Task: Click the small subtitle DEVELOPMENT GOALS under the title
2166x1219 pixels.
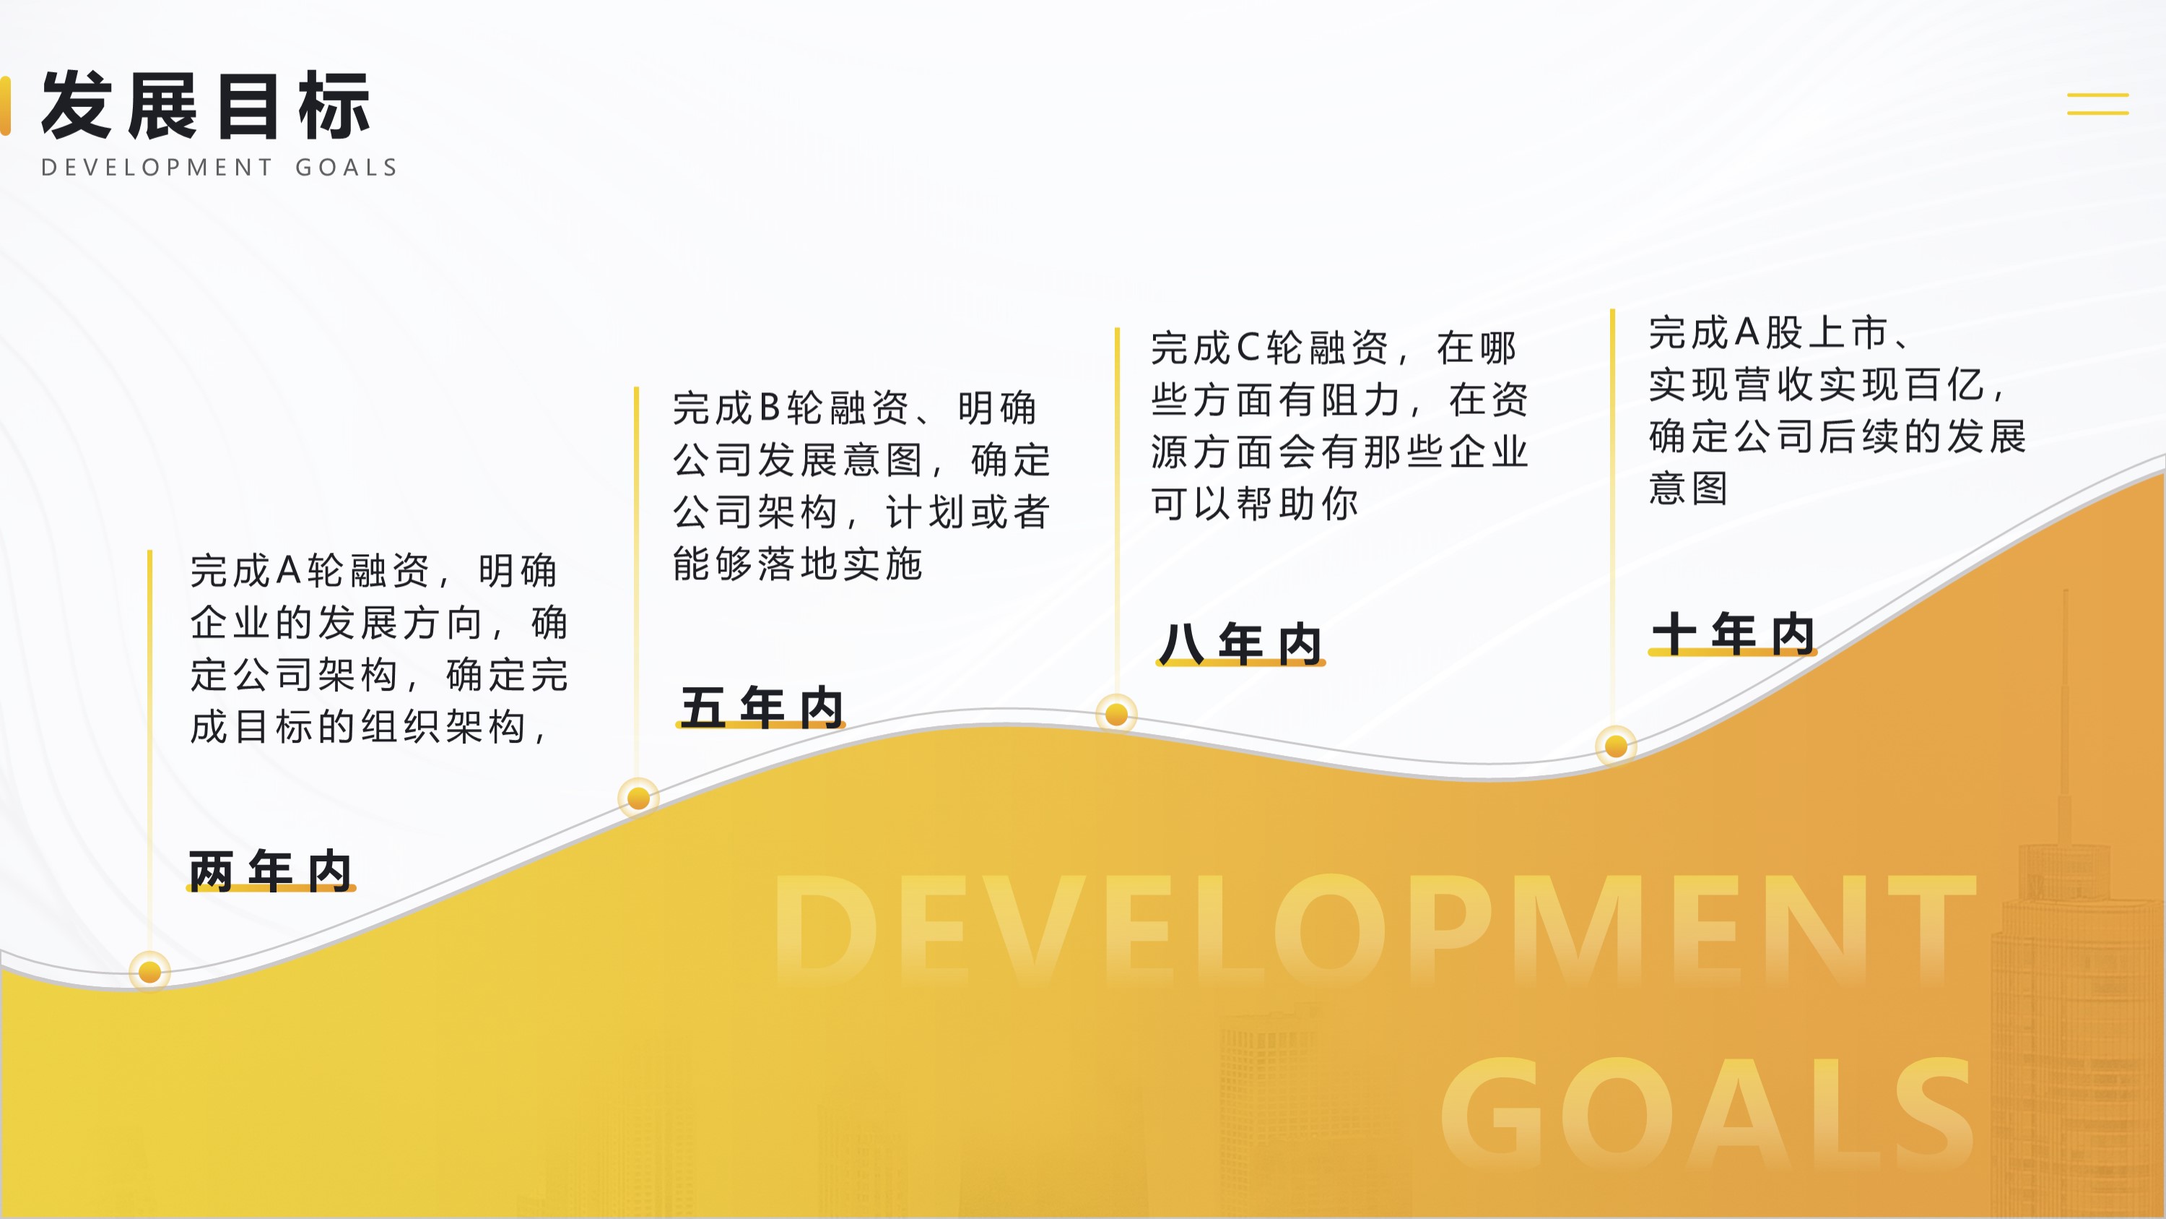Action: (219, 168)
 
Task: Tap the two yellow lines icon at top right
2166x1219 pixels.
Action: (2098, 103)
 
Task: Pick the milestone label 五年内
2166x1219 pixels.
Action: (761, 707)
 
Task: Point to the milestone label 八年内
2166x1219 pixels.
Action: (1240, 644)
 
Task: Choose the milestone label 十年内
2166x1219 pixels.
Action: (1732, 633)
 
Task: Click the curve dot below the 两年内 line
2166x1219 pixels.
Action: (149, 972)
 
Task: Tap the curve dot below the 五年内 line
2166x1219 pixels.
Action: (638, 797)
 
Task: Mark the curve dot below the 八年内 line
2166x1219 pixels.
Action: (1117, 714)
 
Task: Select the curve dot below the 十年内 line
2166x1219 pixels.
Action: (1615, 746)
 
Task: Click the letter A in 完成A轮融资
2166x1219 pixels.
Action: (288, 570)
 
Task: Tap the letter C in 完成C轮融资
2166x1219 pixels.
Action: (1248, 348)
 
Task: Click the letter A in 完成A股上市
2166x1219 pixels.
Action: (1747, 332)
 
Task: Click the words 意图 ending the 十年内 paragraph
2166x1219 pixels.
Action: (1689, 488)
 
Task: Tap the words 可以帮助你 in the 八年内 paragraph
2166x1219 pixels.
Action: (1255, 503)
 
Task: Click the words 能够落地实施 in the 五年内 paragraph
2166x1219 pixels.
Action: (798, 564)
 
